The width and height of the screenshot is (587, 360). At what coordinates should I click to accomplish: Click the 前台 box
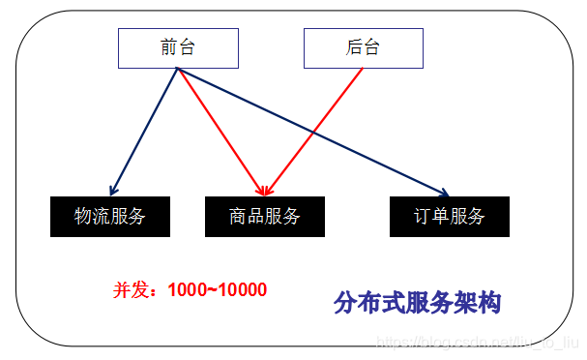(x=178, y=47)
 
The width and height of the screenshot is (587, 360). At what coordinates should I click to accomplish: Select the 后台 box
(x=363, y=47)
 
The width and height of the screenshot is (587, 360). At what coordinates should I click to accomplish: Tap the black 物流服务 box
(x=109, y=216)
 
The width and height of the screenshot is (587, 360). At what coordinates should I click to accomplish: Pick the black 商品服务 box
(x=265, y=216)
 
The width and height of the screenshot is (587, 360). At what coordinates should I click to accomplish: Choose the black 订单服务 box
(x=450, y=216)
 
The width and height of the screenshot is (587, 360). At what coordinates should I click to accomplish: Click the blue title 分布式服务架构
(x=417, y=302)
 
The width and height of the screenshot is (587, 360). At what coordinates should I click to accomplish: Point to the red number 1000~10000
(x=217, y=289)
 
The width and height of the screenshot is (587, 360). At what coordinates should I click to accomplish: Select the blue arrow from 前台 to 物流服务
(x=145, y=131)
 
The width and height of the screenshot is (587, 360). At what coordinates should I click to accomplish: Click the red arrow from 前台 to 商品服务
(x=220, y=131)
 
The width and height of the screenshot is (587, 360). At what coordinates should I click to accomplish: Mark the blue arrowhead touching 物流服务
(x=114, y=190)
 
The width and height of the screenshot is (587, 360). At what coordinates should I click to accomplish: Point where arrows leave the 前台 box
(x=178, y=70)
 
